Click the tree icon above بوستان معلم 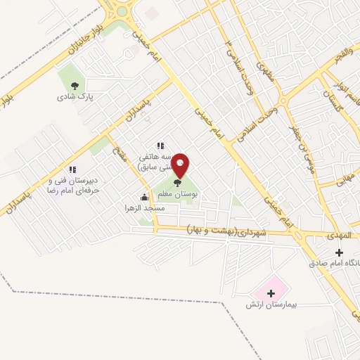coord(176,182)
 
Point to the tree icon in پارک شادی coord(75,85)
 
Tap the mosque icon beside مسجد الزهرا coord(145,198)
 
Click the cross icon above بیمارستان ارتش coord(271,292)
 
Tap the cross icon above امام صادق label coord(340,252)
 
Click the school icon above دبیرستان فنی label coord(72,169)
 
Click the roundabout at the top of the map coord(121,11)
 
